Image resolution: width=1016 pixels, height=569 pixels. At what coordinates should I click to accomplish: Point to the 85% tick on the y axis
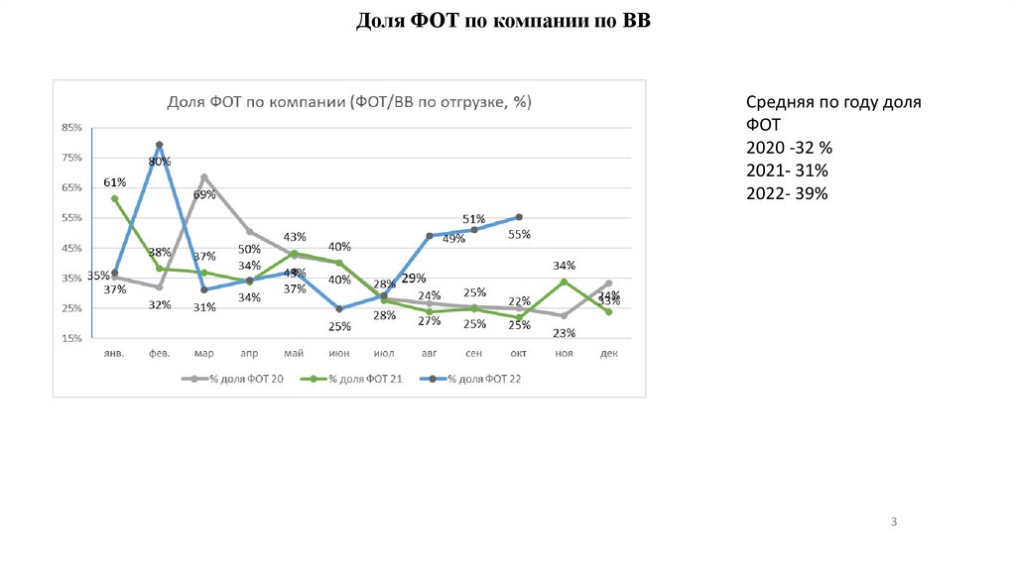point(71,128)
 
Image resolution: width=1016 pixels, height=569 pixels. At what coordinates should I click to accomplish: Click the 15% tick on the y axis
point(71,339)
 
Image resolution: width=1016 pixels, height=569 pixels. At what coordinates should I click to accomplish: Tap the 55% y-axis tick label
point(71,218)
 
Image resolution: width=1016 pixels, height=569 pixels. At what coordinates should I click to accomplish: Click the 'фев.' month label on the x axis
point(159,353)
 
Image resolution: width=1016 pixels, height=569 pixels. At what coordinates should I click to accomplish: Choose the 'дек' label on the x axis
point(608,353)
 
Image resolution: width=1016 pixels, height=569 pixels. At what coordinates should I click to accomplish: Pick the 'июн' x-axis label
point(338,353)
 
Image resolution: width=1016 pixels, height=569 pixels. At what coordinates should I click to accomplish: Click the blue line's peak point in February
point(159,145)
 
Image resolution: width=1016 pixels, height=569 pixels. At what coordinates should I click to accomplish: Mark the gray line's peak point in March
point(204,177)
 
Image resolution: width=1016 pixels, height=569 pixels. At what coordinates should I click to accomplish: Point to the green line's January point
point(114,198)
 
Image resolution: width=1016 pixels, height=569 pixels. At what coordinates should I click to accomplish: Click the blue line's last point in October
point(519,217)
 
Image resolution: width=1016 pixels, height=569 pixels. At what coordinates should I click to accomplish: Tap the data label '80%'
point(160,161)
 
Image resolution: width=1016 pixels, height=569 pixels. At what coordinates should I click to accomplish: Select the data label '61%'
point(114,182)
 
